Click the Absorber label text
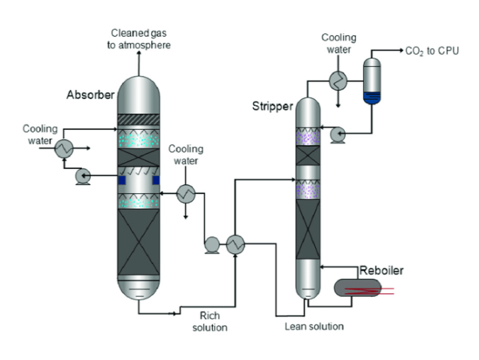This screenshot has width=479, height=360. coord(90,95)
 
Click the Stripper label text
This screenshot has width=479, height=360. coord(271,106)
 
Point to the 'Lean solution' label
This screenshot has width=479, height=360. coord(314,326)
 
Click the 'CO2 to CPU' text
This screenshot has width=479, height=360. coord(431,53)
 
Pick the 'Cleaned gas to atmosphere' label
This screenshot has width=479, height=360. coord(139,38)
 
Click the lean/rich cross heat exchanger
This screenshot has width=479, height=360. coord(238,243)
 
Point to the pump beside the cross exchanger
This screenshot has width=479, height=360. coord(211,243)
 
